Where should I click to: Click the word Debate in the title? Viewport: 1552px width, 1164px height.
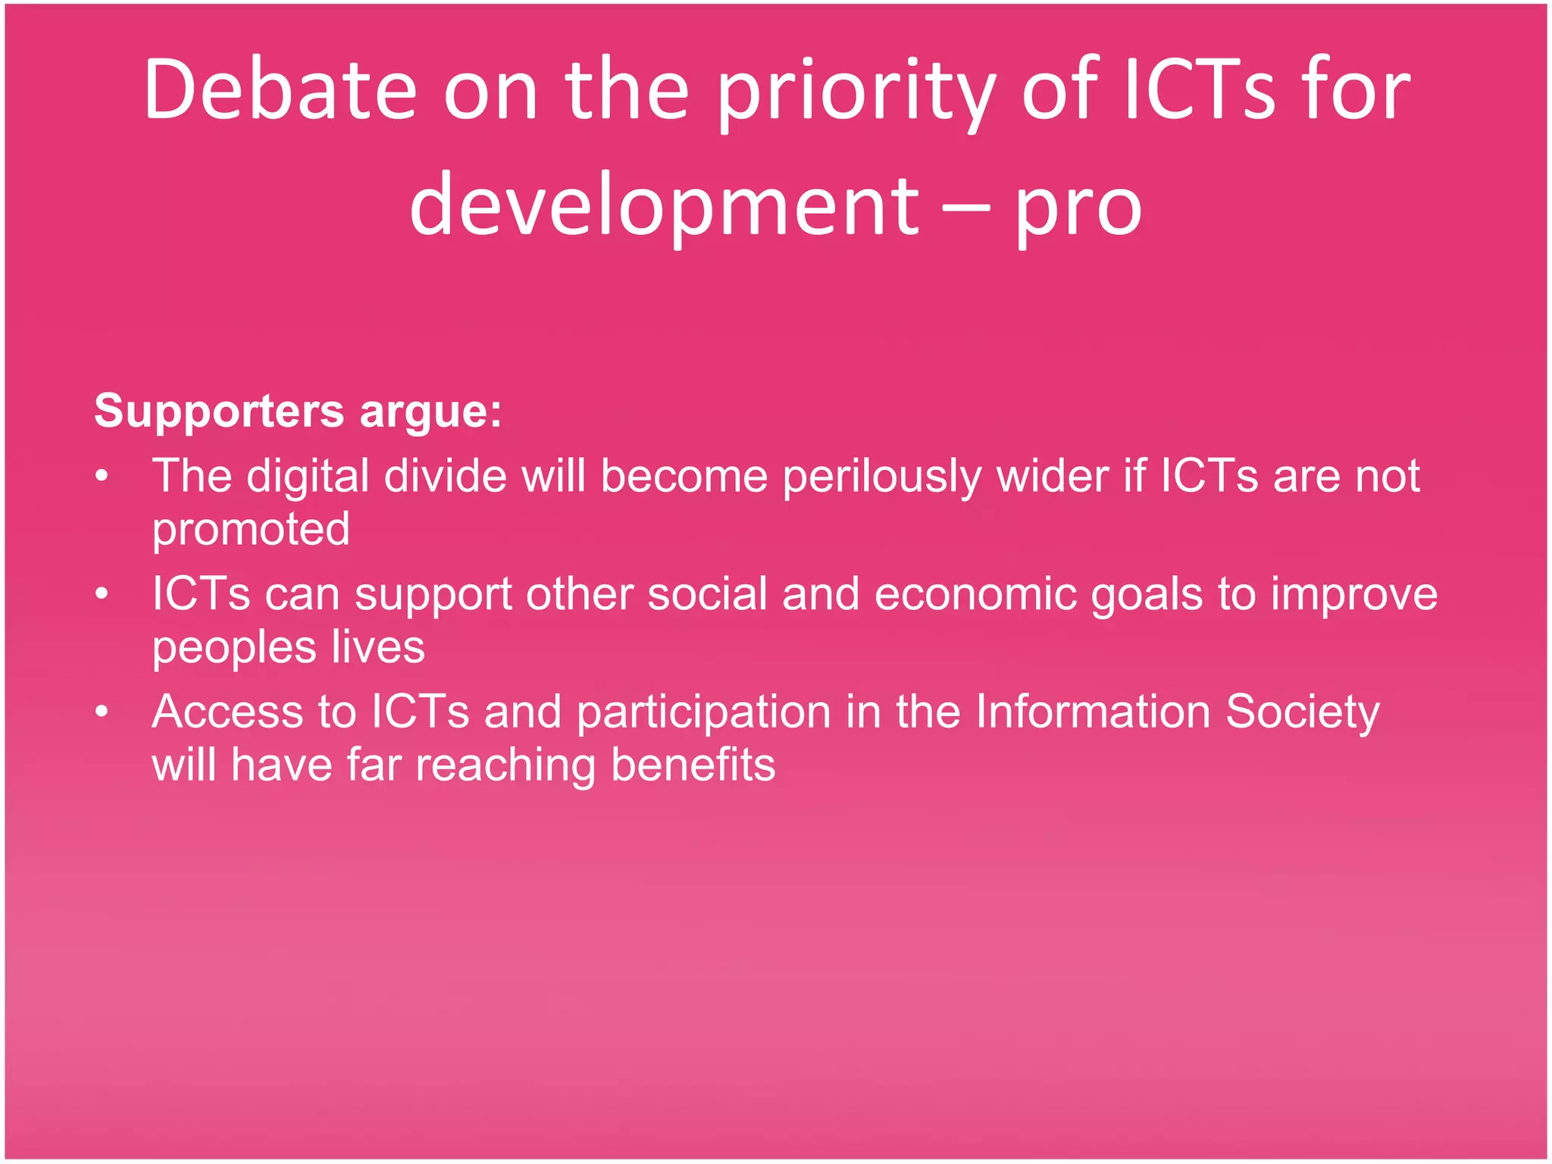(x=280, y=91)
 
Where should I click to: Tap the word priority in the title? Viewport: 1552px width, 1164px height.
(x=856, y=95)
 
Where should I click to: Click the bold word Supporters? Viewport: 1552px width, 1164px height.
(x=219, y=411)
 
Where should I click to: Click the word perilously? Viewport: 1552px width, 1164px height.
(x=882, y=477)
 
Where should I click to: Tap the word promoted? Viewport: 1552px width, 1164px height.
(x=251, y=530)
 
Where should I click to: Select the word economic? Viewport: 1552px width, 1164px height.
(x=975, y=594)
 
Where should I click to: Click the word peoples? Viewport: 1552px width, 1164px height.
(x=234, y=649)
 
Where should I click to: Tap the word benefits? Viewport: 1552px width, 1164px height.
(x=693, y=765)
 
